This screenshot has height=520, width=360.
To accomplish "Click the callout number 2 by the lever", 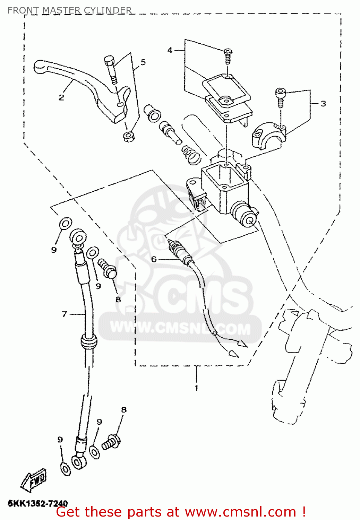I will pos(61,97).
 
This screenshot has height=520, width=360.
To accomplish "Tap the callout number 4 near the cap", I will pos(170,50).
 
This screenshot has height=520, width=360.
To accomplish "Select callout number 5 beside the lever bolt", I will pos(143,62).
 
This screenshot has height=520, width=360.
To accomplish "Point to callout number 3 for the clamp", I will pos(323,104).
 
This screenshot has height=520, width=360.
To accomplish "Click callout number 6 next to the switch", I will pos(154,259).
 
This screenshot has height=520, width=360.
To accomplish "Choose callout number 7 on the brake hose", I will pos(64,314).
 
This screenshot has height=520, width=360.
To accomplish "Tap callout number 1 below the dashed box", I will pos(196,388).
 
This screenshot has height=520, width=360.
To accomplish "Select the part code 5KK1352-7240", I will pos(38,503).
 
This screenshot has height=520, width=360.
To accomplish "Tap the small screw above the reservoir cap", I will pos(228,56).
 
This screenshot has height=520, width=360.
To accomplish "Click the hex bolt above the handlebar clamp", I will pos(280,97).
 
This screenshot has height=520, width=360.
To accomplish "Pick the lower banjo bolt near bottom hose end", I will pos(111,442).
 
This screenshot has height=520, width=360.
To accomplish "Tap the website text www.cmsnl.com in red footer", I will pos(239,512).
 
